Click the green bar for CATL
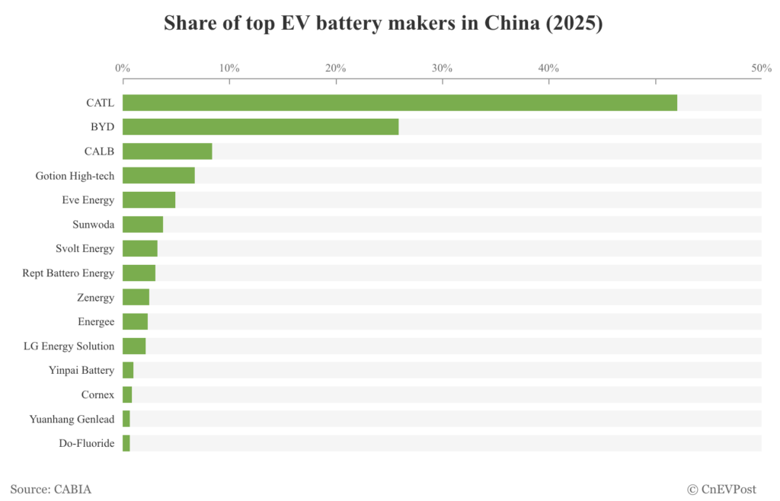click(x=400, y=103)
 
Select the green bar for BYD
click(x=261, y=127)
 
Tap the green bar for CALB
click(x=167, y=152)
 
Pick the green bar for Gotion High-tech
click(x=158, y=176)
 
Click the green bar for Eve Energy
click(x=149, y=200)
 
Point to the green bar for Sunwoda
click(x=142, y=225)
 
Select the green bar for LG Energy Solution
click(x=134, y=346)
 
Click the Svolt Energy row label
click(x=85, y=249)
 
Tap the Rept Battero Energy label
click(x=69, y=273)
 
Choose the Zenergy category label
click(x=95, y=298)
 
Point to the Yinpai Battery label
click(x=82, y=371)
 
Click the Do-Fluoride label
click(x=86, y=443)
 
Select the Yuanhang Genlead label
click(x=72, y=420)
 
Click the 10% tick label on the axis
click(x=229, y=69)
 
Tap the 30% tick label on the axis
click(x=443, y=69)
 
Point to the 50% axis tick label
click(x=761, y=69)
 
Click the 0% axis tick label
click(x=123, y=69)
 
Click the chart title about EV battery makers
click(x=383, y=24)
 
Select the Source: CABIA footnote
click(x=51, y=490)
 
